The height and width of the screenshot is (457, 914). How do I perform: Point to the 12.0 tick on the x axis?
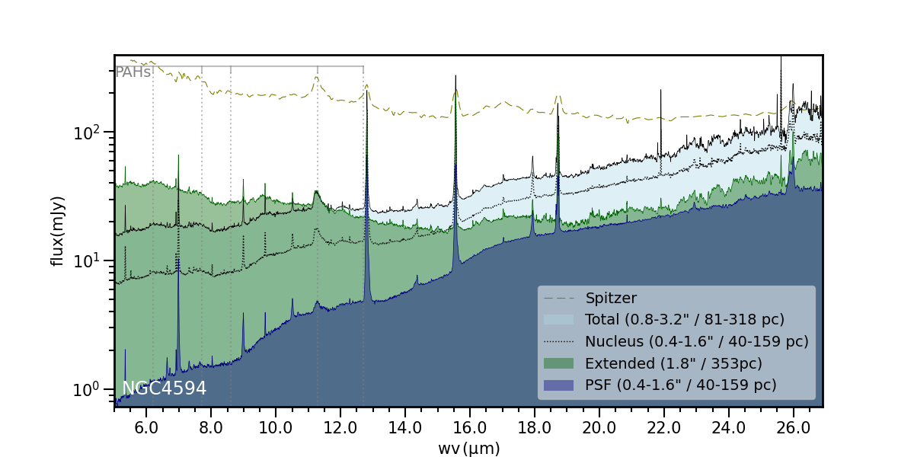tap(340, 428)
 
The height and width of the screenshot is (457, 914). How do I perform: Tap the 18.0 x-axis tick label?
tap(535, 428)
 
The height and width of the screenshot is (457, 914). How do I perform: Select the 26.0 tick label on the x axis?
tap(794, 428)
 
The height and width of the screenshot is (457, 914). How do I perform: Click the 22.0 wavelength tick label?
tap(664, 428)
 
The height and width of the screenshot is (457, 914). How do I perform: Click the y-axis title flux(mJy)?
tap(57, 231)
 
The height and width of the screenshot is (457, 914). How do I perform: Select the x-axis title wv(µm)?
tap(468, 449)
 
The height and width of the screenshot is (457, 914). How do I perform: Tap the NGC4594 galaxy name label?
tap(165, 388)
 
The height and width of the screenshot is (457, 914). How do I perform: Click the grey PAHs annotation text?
tap(133, 73)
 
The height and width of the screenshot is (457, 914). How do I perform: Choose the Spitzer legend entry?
tap(611, 298)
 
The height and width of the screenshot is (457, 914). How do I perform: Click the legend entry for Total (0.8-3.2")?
tap(684, 319)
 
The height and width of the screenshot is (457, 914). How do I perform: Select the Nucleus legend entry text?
tap(696, 341)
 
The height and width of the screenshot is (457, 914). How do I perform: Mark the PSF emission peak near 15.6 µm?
tap(455, 165)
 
